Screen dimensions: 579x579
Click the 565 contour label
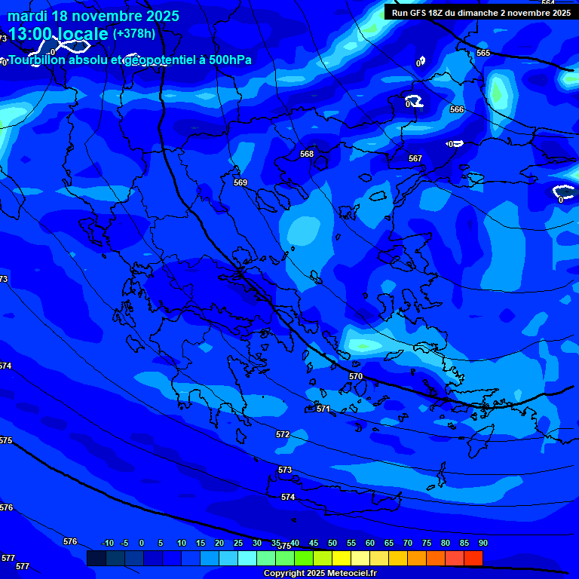pos(483,53)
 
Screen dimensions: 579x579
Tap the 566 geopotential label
pos(457,109)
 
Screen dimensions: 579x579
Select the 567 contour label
pos(415,158)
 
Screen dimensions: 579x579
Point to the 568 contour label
pos(307,154)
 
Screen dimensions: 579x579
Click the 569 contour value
pos(240,182)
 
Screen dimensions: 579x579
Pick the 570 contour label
pos(356,376)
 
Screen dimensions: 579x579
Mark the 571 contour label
pos(323,409)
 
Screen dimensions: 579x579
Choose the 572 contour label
pos(283,434)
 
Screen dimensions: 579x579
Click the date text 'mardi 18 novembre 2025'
pos(93,16)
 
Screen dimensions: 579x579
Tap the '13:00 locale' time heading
pos(59,34)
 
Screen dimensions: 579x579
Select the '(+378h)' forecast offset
pos(134,34)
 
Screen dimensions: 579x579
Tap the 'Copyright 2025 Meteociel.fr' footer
pos(330,574)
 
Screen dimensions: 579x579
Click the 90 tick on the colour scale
pos(482,544)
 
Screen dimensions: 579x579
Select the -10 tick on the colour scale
pos(107,544)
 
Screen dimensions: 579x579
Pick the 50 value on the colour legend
pos(332,544)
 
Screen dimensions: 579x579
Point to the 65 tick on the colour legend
pos(389,544)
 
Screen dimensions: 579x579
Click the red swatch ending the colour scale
pos(473,558)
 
